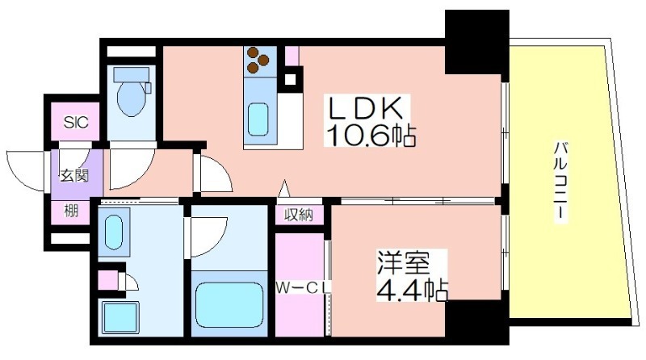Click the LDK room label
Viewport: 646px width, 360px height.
(x=364, y=108)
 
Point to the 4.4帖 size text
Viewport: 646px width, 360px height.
(x=412, y=290)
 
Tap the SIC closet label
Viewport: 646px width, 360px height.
(x=76, y=122)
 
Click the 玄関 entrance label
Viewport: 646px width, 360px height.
(x=74, y=176)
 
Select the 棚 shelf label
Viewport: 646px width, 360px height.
(x=70, y=211)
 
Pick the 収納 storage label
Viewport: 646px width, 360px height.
(x=298, y=215)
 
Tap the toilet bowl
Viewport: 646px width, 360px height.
(x=131, y=95)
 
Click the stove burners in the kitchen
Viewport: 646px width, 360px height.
(x=257, y=59)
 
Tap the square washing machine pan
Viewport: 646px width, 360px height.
(x=120, y=317)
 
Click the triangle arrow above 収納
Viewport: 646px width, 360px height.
(x=284, y=189)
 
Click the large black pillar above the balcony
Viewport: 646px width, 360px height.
(x=476, y=42)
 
